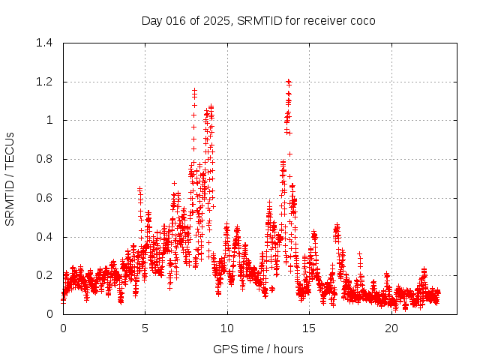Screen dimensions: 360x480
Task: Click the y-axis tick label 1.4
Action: tap(45, 43)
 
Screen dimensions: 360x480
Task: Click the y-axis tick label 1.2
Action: tap(45, 82)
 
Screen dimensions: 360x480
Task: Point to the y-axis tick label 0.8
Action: tap(45, 159)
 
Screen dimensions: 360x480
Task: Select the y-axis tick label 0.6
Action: tap(45, 198)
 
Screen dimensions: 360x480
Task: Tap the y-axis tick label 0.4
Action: tap(45, 237)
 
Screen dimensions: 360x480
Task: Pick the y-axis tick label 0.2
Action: tap(45, 275)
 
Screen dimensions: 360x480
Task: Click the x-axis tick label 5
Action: tap(145, 328)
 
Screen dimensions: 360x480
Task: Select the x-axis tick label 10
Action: tap(227, 328)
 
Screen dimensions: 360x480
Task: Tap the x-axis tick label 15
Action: tap(310, 328)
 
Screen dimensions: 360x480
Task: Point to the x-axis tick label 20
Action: tap(392, 328)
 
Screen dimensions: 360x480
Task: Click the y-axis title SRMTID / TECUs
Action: tap(10, 178)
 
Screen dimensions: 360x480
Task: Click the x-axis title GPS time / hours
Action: tap(258, 349)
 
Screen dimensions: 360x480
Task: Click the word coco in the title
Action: tap(361, 20)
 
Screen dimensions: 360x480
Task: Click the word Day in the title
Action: tap(152, 20)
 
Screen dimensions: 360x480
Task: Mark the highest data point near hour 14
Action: tap(288, 81)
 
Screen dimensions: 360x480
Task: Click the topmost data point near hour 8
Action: tap(195, 90)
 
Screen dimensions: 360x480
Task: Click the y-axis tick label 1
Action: tap(49, 120)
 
